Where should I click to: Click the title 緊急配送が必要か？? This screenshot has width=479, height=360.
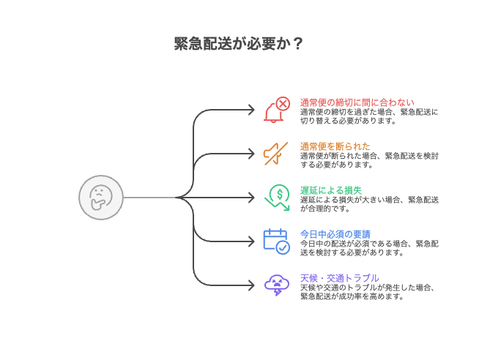(x=239, y=43)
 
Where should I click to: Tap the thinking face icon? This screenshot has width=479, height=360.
(x=100, y=198)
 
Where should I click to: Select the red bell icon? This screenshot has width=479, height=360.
(x=276, y=110)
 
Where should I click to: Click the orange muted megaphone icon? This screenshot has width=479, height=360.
(x=276, y=153)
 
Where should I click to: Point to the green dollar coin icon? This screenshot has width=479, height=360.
(x=278, y=196)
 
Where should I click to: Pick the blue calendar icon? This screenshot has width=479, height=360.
(x=276, y=240)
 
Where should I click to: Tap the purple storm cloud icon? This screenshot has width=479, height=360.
(x=276, y=284)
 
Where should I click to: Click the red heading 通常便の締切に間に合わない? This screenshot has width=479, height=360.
(x=357, y=102)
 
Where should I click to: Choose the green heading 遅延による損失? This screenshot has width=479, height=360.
(x=331, y=190)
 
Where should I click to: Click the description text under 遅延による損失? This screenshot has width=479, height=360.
(x=369, y=203)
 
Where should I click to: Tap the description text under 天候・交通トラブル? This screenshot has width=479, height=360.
(x=369, y=291)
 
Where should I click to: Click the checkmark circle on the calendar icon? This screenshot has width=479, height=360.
(x=283, y=247)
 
